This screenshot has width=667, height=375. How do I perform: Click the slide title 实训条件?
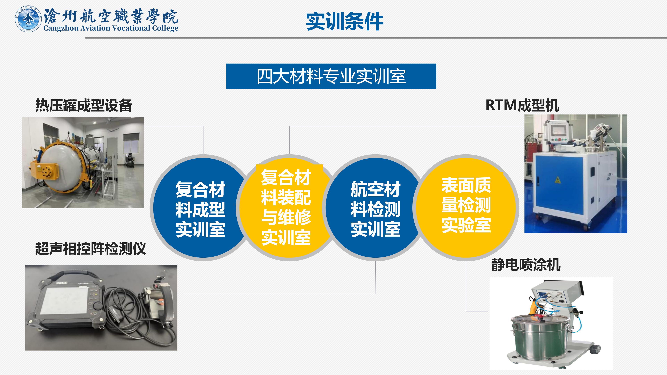click(345, 21)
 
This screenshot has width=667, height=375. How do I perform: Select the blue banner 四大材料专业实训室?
click(331, 76)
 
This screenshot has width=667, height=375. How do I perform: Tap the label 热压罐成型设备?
click(84, 105)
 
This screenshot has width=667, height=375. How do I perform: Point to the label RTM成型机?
click(522, 105)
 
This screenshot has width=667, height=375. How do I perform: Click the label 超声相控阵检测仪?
click(91, 249)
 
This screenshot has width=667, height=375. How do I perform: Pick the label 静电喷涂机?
click(526, 265)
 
